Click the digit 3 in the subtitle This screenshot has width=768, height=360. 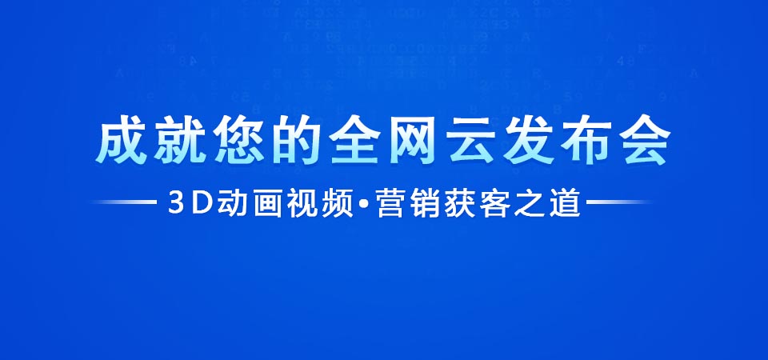(x=175, y=202)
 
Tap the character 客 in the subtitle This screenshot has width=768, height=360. (x=496, y=202)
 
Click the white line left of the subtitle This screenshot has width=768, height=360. (x=125, y=202)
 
